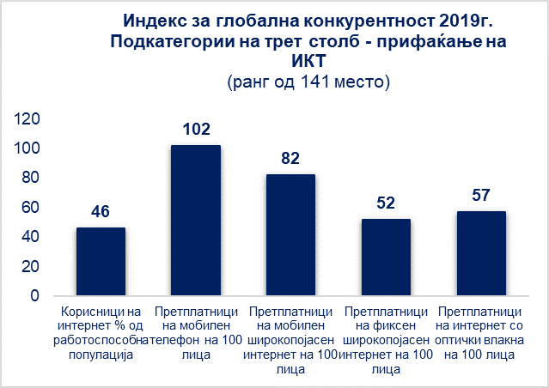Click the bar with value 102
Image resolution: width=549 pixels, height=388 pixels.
[x=196, y=221]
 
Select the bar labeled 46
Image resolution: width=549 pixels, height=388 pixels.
[x=101, y=262]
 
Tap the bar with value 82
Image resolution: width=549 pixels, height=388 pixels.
[x=290, y=235]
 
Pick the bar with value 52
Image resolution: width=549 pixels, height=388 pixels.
[x=386, y=258]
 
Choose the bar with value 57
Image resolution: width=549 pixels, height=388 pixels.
[x=480, y=253]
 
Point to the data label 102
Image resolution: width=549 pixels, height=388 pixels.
[x=196, y=130]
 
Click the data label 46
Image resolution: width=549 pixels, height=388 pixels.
[x=101, y=212]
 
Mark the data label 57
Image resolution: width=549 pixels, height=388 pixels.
[x=480, y=196]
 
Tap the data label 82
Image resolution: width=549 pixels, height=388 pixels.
[x=290, y=159]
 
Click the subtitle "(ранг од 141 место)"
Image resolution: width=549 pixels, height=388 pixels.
[x=310, y=82]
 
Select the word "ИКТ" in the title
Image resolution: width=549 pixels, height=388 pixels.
[x=310, y=62]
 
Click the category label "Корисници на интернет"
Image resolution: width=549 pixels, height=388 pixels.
[x=101, y=325]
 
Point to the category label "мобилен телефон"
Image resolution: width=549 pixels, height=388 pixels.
[x=196, y=333]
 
